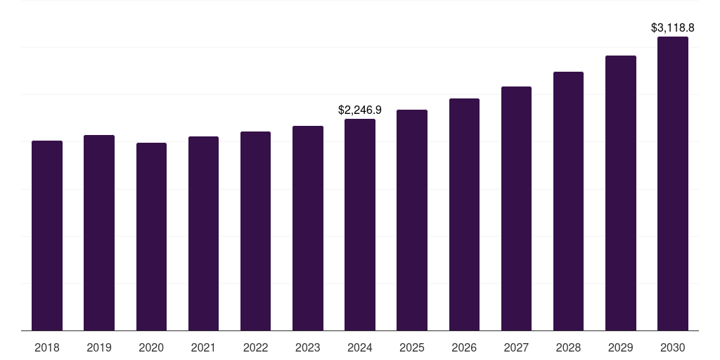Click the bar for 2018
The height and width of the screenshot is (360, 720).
click(47, 236)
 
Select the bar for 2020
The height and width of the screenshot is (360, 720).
click(151, 236)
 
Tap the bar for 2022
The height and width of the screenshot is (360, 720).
click(255, 231)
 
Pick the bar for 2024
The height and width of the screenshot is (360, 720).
click(360, 224)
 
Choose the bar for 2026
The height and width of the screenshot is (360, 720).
click(464, 214)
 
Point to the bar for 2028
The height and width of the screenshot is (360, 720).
click(568, 201)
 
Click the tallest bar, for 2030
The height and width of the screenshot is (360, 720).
click(673, 184)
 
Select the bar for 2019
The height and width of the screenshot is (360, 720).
click(99, 233)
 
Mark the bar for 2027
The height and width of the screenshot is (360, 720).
click(516, 208)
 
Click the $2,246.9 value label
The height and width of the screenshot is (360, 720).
click(360, 110)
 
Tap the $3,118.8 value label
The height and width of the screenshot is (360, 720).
click(673, 28)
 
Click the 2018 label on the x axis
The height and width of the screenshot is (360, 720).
click(47, 347)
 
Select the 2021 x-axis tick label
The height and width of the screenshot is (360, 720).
click(203, 347)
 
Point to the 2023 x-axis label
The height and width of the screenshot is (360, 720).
click(307, 347)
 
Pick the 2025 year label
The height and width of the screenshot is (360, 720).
click(412, 347)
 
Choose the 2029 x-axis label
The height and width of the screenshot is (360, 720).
click(621, 347)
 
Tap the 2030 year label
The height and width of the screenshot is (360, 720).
click(673, 347)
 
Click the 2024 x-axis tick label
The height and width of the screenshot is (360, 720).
click(360, 347)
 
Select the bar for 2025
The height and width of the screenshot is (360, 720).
click(412, 220)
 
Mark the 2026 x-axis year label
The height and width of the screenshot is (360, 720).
click(464, 347)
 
